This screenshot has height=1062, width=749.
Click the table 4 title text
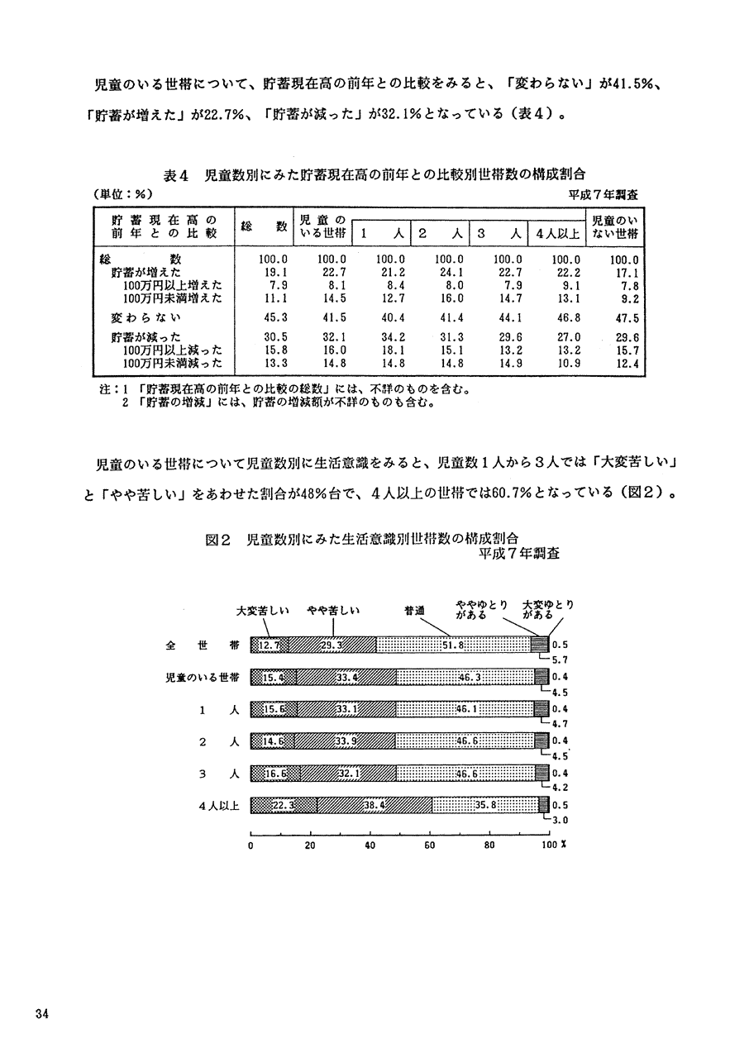[374, 174]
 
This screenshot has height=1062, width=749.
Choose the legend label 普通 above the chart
[414, 612]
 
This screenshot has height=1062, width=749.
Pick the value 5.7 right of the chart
[560, 660]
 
